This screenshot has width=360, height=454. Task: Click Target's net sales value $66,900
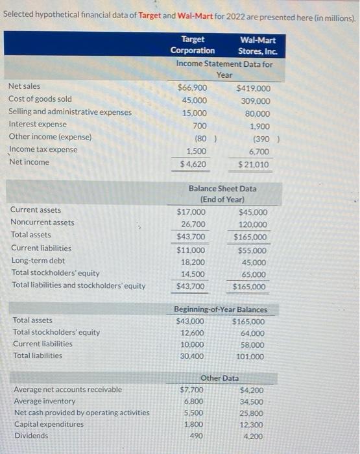193,88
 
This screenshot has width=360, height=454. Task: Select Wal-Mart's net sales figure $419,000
254,88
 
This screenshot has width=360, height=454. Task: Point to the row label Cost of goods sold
40,99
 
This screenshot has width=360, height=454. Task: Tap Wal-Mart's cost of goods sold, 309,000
255,101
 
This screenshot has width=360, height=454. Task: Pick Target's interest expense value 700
200,126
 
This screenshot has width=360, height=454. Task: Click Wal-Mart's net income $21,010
253,165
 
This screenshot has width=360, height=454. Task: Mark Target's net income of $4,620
193,164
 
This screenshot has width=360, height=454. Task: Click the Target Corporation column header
193,45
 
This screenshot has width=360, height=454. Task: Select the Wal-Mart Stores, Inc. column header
258,45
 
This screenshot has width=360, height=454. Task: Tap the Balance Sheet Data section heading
222,194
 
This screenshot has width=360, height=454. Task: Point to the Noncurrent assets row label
42,222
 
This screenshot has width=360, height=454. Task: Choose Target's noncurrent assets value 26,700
193,224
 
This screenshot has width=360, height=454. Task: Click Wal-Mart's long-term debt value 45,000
253,263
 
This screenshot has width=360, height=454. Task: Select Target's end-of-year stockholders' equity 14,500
193,274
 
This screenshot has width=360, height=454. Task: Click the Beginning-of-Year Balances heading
221,309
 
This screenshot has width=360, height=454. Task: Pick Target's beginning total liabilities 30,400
193,356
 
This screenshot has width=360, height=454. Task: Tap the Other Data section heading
220,377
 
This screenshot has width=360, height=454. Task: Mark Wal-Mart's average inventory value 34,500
252,402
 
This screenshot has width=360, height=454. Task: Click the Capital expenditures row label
49,424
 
